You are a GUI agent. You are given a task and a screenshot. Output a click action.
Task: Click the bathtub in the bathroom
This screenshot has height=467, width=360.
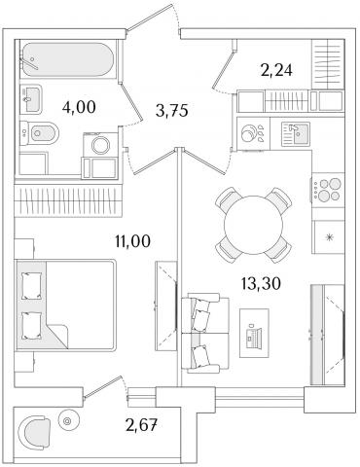[67, 59]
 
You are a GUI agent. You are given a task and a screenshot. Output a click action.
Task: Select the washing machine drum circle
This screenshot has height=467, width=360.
[101, 145]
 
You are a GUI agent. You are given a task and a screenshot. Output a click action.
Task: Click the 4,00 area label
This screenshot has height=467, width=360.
[79, 107]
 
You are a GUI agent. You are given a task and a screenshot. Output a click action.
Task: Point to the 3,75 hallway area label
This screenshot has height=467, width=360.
[171, 111]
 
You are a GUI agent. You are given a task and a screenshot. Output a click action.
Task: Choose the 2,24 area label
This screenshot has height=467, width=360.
[276, 70]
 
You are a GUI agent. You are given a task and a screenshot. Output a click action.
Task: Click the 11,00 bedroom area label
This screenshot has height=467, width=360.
[133, 241]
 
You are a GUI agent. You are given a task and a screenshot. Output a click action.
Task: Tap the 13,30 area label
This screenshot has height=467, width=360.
[261, 284]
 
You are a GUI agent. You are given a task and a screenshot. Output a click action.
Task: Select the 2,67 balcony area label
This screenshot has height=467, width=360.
[142, 425]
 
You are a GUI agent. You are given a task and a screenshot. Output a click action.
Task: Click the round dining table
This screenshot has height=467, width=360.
[254, 225]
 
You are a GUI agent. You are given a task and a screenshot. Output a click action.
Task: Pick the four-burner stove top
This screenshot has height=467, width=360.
[328, 190]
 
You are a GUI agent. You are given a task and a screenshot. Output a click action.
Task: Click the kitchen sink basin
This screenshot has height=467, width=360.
[295, 134]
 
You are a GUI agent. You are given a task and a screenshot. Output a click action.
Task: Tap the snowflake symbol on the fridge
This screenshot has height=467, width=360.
[329, 237]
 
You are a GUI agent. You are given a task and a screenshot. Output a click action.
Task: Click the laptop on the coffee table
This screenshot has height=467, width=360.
[254, 335]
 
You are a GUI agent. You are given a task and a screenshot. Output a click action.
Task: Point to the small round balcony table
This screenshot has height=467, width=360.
[67, 421]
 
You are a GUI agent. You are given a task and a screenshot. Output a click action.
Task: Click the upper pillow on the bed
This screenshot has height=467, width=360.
[32, 285]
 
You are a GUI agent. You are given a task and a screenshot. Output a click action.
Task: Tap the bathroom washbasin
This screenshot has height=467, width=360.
[31, 99]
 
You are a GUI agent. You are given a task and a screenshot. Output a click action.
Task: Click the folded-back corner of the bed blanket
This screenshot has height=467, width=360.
[57, 336]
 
